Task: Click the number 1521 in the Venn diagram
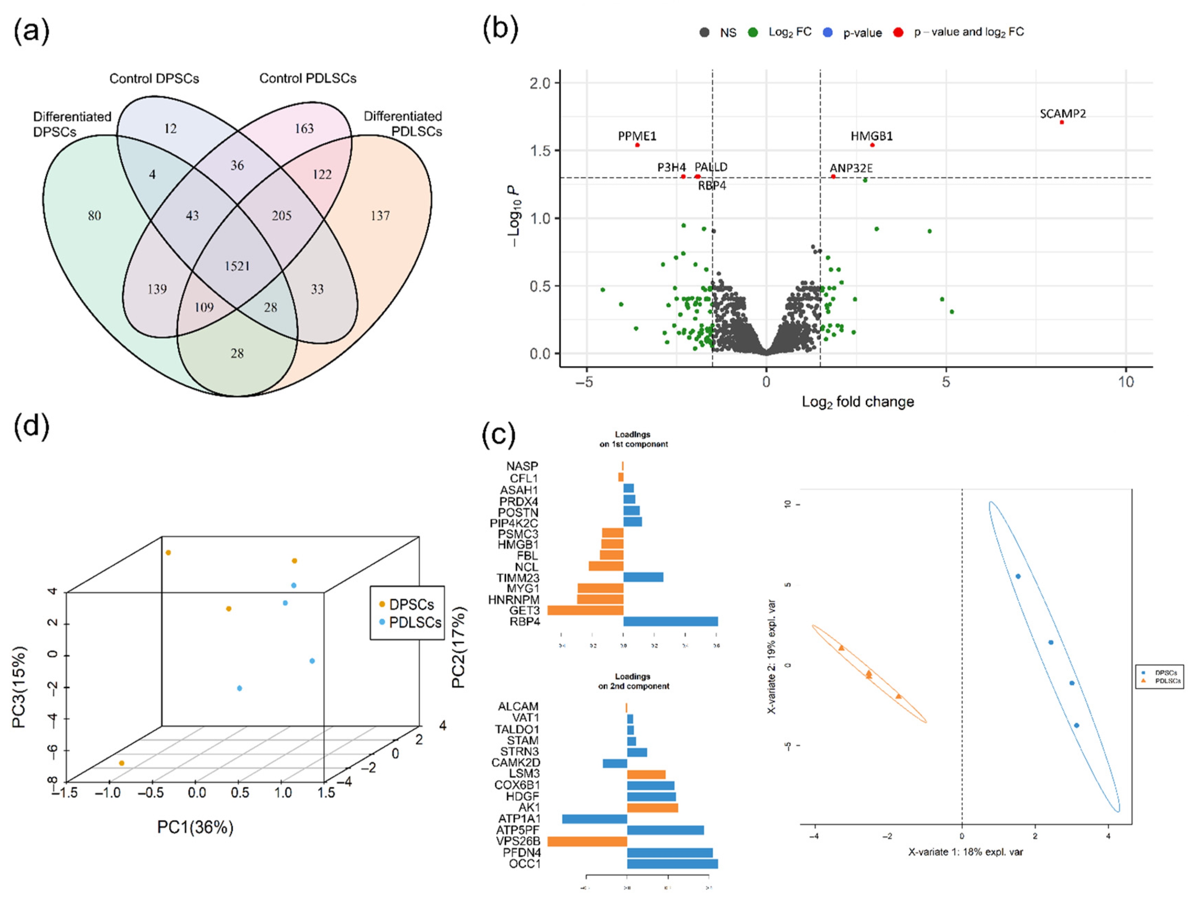point(237,266)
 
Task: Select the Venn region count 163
point(304,128)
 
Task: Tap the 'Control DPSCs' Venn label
point(154,79)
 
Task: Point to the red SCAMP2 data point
point(1062,123)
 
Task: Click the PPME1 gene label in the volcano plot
point(637,136)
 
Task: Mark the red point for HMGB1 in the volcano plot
point(872,145)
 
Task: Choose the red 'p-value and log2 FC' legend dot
point(898,32)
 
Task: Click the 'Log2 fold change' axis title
point(858,402)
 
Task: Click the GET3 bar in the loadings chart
point(585,610)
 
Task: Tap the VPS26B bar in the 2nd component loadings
point(587,841)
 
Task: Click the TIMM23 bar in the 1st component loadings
point(643,577)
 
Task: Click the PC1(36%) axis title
point(195,827)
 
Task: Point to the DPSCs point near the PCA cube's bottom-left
point(122,763)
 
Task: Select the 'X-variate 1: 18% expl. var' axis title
point(965,852)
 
